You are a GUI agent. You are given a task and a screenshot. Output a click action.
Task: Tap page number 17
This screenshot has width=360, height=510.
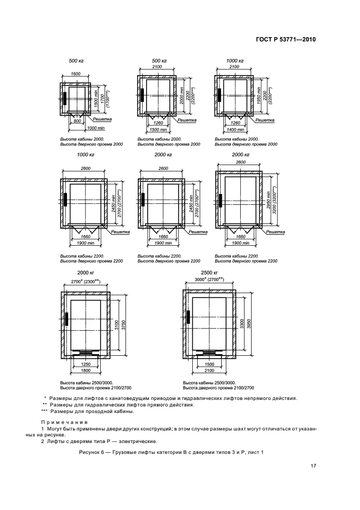coord(313,465)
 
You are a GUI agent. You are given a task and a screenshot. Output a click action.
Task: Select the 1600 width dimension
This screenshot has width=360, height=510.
coord(76,74)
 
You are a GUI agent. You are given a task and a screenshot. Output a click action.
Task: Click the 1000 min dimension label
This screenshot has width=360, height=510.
coord(95,127)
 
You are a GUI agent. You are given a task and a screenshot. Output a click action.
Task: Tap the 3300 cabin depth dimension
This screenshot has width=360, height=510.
coord(241,325)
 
